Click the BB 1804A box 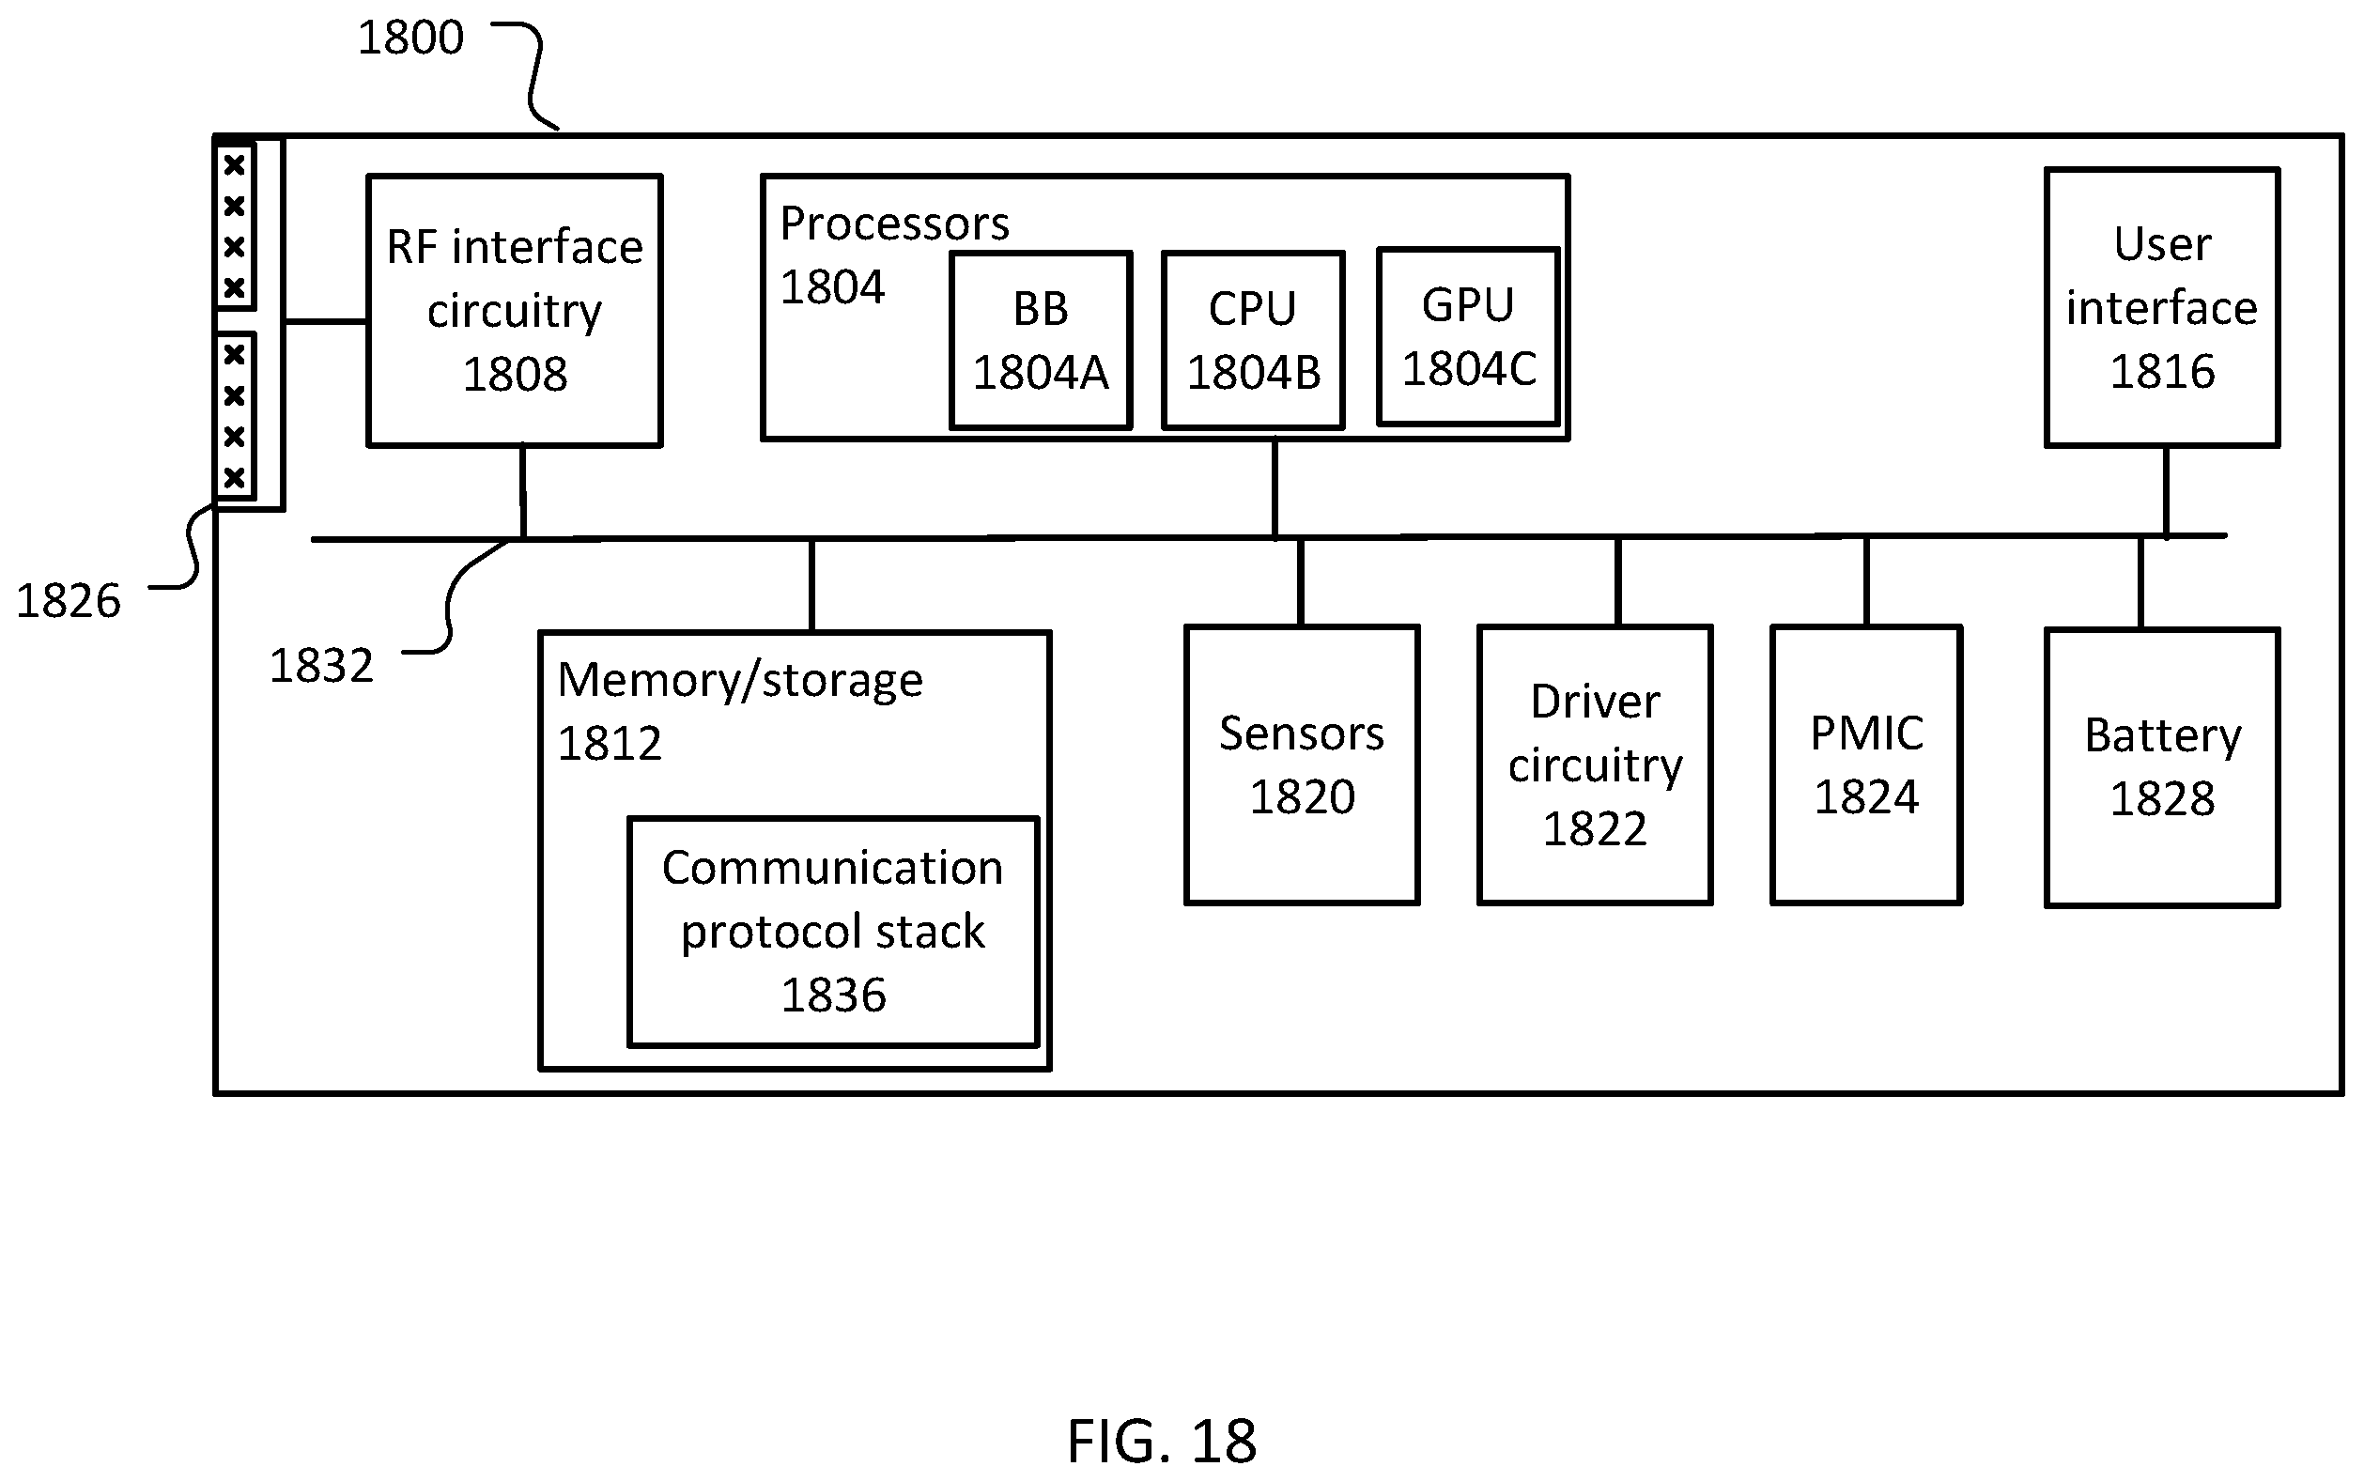coord(1041,340)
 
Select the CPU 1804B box coord(1253,340)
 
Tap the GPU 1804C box coord(1468,337)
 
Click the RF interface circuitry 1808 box coord(515,311)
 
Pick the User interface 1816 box coord(2162,308)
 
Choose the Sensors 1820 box coord(1302,764)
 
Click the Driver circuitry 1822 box coord(1595,764)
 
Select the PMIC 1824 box coord(1866,764)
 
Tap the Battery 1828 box coord(2162,767)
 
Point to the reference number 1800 coord(410,39)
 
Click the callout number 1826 coord(69,601)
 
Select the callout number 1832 coord(321,667)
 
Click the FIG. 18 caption coord(1162,1441)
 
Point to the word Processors coord(895,224)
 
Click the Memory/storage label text coord(740,680)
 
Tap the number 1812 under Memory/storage coord(610,744)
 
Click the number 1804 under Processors coord(833,288)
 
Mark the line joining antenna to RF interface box coord(325,320)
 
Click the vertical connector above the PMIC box coord(1866,580)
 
